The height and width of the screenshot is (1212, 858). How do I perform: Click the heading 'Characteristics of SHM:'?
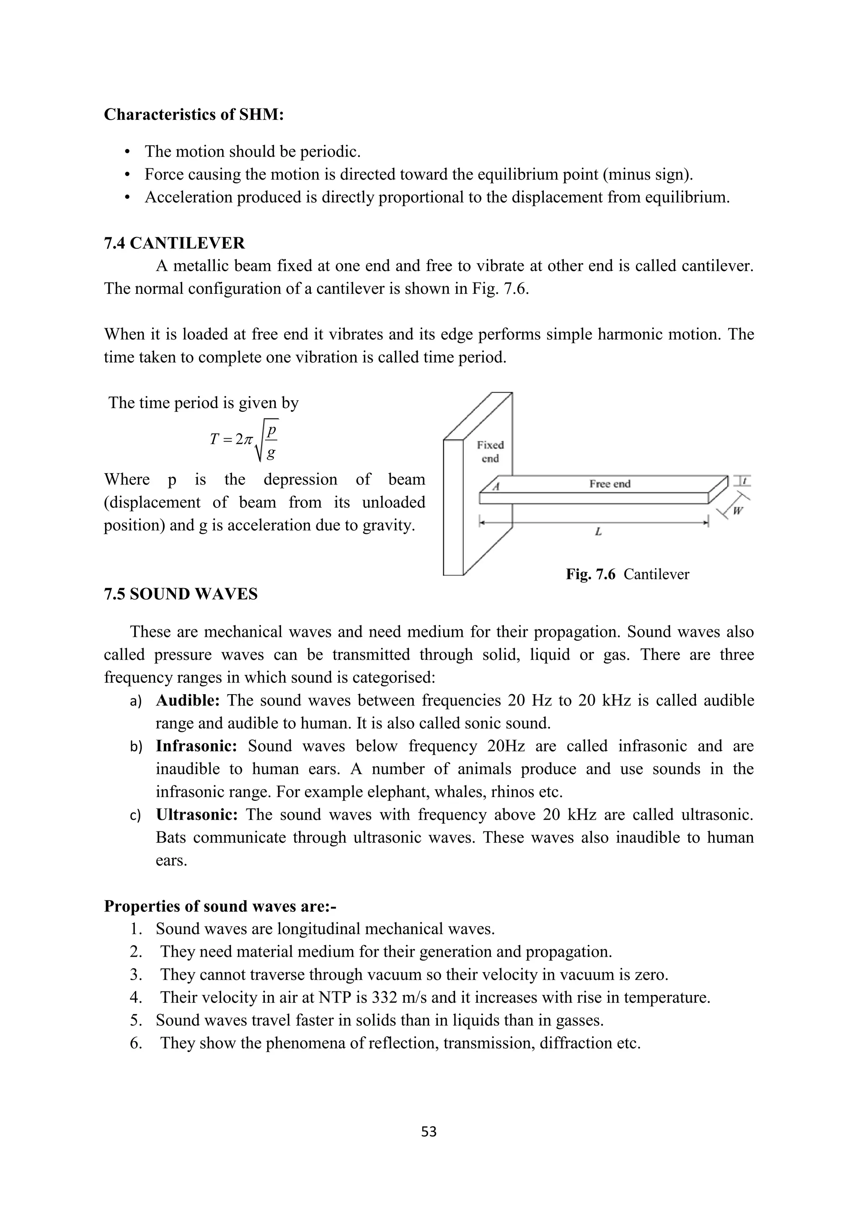(194, 115)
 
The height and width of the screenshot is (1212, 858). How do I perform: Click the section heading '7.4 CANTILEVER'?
(174, 243)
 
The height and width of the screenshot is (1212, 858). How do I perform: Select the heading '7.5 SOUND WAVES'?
(181, 594)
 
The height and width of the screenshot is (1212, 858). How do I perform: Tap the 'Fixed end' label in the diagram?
(490, 452)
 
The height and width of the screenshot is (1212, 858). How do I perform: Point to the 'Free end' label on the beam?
(610, 484)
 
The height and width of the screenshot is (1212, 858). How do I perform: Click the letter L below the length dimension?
(598, 532)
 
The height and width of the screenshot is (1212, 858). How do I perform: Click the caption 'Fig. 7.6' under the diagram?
(591, 574)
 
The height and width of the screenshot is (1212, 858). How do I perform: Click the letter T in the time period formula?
(214, 439)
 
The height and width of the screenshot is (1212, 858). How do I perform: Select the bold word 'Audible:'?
(188, 700)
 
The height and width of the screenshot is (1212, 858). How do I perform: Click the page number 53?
(429, 1132)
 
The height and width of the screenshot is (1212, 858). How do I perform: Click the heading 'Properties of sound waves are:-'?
(220, 906)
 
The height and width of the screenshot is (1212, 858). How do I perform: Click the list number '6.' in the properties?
(136, 1043)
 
